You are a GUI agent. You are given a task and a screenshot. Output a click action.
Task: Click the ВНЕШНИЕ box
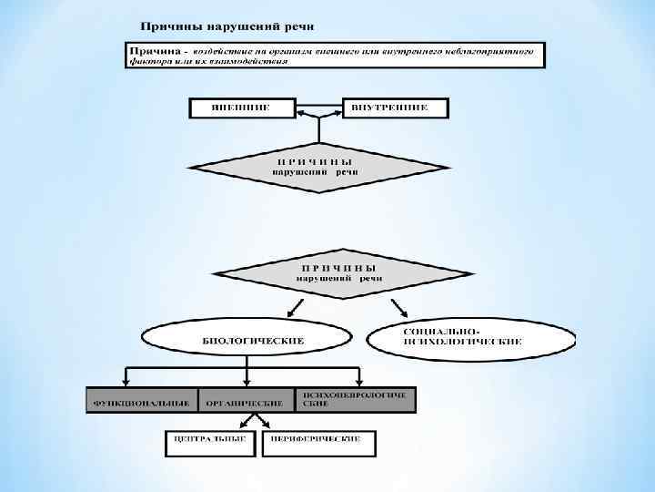[241, 107]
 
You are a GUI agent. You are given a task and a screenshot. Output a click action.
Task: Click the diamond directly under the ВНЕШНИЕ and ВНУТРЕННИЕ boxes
[318, 167]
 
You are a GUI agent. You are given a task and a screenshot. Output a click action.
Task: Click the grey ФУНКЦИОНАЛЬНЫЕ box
[141, 401]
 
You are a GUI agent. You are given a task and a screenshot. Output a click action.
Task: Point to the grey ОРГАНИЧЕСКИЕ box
[244, 401]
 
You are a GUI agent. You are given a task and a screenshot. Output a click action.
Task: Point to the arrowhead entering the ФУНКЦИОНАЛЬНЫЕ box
[126, 384]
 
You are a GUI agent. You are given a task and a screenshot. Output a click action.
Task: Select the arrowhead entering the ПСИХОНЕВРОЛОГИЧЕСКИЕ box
[362, 384]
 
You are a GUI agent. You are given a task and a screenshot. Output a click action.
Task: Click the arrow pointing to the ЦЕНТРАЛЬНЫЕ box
[239, 422]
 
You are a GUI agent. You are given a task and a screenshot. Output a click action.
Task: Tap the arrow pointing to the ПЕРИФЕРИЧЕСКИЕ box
[263, 422]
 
